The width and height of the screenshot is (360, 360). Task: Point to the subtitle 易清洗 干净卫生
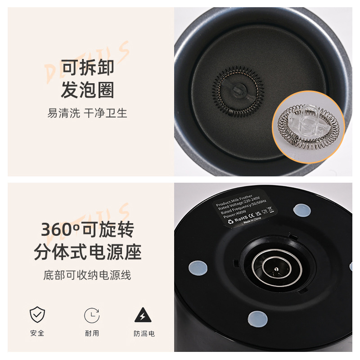(x=88, y=113)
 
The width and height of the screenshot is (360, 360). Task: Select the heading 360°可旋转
(x=88, y=229)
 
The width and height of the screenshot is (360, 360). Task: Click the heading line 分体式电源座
(x=88, y=252)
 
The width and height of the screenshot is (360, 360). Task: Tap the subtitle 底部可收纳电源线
(x=88, y=275)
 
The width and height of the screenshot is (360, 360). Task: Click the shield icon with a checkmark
(x=37, y=315)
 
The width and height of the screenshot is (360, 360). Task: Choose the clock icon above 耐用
(x=92, y=315)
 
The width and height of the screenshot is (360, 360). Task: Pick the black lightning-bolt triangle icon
(x=143, y=315)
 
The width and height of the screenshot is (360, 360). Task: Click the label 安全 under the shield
(x=37, y=333)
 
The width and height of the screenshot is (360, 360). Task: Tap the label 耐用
(x=92, y=333)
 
